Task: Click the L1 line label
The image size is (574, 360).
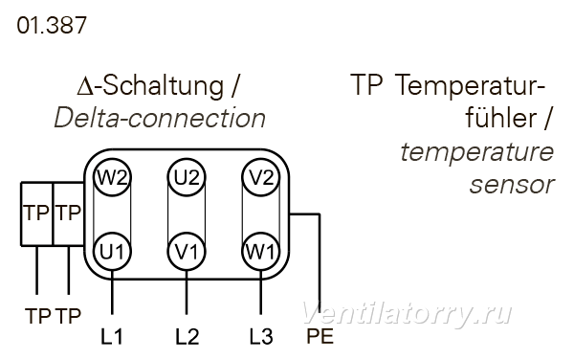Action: pos(112,336)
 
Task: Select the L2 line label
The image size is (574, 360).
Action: pos(188,336)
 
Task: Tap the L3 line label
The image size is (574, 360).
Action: pos(261,336)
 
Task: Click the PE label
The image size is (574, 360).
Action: pos(320,336)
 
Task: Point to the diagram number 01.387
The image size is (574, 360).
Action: pos(52,25)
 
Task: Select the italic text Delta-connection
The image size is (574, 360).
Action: pos(160,118)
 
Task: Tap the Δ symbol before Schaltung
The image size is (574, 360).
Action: pos(84,88)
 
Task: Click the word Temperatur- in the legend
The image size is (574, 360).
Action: pos(471,86)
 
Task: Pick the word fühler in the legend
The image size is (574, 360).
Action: pos(501,117)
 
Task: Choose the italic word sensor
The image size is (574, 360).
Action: pos(512,186)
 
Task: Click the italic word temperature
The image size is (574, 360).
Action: pos(477,152)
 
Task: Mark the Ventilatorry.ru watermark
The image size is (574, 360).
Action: pos(408,313)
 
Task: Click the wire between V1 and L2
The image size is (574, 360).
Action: pos(187,293)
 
